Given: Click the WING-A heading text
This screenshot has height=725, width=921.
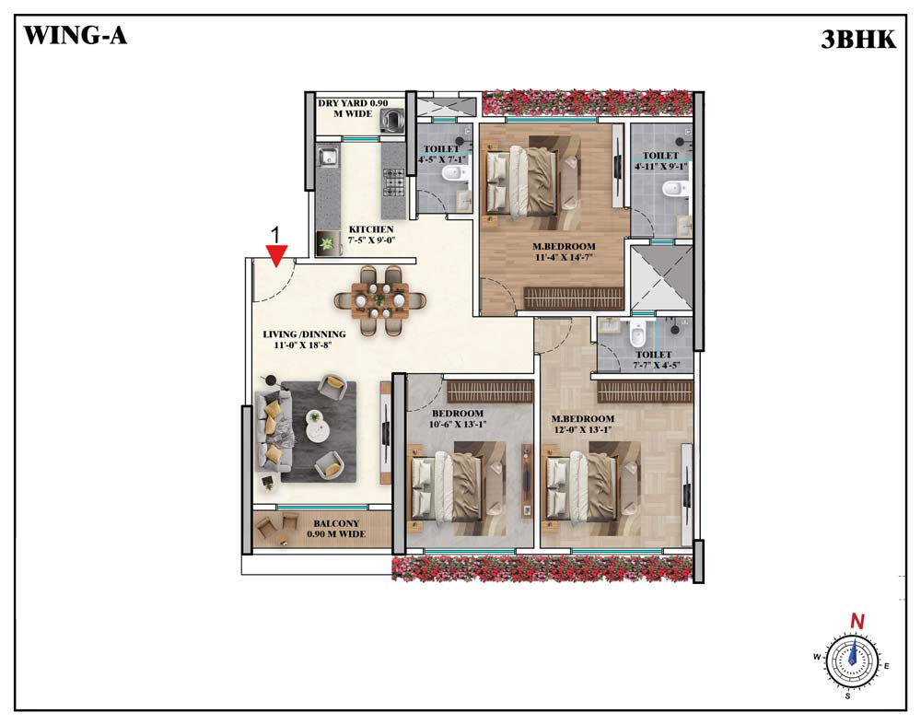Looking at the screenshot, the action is tap(76, 36).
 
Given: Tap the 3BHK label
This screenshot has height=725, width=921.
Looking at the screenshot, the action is tap(858, 40).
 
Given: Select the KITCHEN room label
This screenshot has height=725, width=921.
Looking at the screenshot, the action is tap(371, 229).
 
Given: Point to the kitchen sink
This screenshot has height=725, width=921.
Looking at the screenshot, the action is tap(326, 157).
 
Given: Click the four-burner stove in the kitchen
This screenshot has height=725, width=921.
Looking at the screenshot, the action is tap(393, 182).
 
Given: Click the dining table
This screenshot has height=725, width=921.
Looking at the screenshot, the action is tap(380, 301).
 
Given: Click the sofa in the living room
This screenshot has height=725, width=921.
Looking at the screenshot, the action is tap(274, 432).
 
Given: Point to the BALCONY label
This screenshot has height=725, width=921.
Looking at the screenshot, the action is tap(336, 523).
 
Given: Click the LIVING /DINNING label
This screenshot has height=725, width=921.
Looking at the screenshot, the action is tap(304, 334).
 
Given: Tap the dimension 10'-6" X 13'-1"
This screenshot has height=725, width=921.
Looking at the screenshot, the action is tap(458, 424).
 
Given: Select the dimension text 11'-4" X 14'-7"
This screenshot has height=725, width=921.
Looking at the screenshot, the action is tap(564, 257).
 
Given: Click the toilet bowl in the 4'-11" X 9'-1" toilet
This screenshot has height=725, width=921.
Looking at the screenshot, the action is tap(673, 189).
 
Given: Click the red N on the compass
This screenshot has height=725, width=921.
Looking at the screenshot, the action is tap(857, 621).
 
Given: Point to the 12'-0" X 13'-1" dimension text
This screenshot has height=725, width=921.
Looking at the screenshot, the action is tap(583, 429).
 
